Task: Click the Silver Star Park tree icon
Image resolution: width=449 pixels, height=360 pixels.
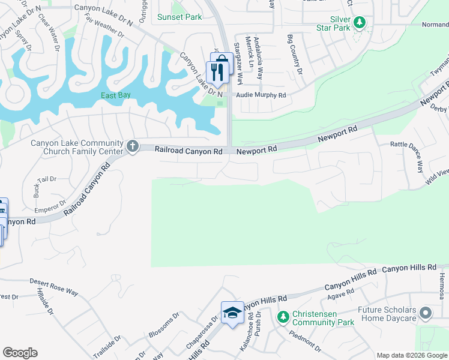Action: (360, 23)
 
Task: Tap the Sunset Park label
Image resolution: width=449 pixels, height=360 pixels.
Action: (179, 17)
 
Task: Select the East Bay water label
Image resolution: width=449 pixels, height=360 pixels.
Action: (116, 95)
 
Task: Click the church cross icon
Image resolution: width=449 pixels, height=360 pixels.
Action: (132, 146)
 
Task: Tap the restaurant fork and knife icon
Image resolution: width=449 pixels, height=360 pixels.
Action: (217, 73)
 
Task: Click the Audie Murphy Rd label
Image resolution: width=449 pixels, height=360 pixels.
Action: (261, 95)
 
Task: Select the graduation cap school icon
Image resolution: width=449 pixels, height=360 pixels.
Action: (232, 313)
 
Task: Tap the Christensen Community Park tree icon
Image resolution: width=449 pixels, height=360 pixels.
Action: (282, 316)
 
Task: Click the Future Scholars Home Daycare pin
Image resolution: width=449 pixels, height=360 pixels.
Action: (426, 313)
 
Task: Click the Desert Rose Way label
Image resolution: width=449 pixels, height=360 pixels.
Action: (54, 287)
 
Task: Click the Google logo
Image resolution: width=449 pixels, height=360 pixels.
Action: (20, 353)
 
